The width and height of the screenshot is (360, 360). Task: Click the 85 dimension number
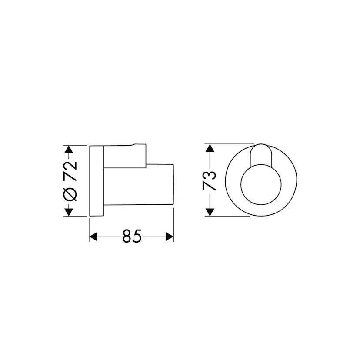coord(132,236)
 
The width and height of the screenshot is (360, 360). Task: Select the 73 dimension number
coord(210,181)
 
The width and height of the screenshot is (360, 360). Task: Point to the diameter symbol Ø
coord(70,193)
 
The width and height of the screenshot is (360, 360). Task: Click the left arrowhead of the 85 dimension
coord(93,237)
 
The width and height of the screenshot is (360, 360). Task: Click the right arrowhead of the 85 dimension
coord(170,237)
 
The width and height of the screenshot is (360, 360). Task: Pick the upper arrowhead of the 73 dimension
coord(210,148)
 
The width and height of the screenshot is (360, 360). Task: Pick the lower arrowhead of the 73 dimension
coord(210,212)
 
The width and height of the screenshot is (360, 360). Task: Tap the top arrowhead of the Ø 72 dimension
coord(69,150)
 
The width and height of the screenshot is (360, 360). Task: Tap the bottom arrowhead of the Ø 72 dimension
coord(69,212)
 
